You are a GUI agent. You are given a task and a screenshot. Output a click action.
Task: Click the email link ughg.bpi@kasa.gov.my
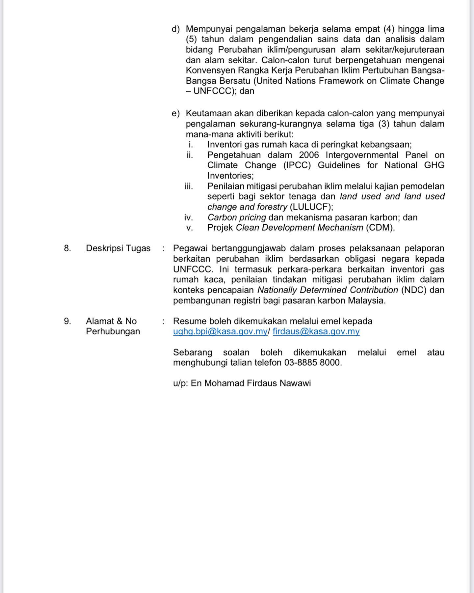tap(220, 331)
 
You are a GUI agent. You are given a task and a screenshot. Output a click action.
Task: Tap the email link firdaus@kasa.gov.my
tap(316, 331)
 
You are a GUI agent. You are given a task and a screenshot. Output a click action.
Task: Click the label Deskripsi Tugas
tap(118, 248)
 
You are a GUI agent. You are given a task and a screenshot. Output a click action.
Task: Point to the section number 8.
tap(67, 248)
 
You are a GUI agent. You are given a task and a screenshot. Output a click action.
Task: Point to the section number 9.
tap(67, 321)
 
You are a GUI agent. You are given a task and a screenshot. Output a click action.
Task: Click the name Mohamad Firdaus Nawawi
tap(257, 383)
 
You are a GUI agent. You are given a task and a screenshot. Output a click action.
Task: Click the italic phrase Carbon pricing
tap(237, 218)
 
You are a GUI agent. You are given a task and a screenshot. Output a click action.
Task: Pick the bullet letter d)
tap(176, 29)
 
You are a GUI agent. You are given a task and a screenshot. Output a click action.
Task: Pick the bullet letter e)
tap(176, 114)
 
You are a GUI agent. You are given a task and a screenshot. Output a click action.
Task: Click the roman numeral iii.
tap(189, 186)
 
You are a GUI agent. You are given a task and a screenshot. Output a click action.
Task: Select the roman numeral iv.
tap(189, 218)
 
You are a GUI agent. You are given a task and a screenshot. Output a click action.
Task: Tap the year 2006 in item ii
tap(309, 155)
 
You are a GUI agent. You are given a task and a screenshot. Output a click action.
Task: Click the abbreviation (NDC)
tap(414, 290)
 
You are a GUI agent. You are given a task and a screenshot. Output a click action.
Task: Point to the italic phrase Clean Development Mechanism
tap(300, 228)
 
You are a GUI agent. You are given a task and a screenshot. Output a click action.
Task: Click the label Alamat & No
tap(111, 321)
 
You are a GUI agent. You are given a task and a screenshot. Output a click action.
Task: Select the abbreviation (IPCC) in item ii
tap(297, 165)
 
